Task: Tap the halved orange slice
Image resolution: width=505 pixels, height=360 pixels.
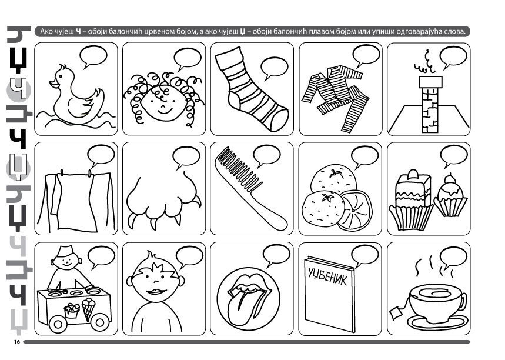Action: coord(354,211)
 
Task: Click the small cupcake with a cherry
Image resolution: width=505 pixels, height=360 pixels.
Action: coord(450,196)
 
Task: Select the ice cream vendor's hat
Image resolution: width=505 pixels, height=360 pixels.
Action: coord(66,251)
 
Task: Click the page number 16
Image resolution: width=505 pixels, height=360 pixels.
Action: coord(16,342)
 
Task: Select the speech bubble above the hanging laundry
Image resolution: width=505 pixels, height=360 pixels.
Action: coord(101,156)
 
